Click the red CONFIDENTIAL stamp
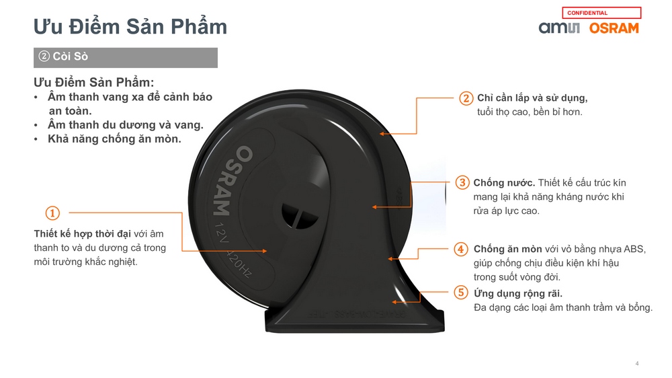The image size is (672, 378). pyautogui.click(x=601, y=13)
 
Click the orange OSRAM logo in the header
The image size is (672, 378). pyautogui.click(x=614, y=28)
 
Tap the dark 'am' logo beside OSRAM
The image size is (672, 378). pyautogui.click(x=559, y=28)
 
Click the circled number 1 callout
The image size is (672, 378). pyautogui.click(x=52, y=213)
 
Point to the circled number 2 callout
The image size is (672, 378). pyautogui.click(x=466, y=98)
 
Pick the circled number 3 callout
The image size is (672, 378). pyautogui.click(x=462, y=182)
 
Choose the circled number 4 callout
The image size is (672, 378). pyautogui.click(x=461, y=249)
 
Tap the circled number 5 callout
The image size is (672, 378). pyautogui.click(x=461, y=293)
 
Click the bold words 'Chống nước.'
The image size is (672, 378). pyautogui.click(x=504, y=183)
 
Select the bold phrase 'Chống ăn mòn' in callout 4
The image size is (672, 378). pyautogui.click(x=507, y=250)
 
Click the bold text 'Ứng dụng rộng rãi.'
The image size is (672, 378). pyautogui.click(x=517, y=293)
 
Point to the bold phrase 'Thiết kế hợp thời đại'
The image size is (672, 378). pyautogui.click(x=82, y=234)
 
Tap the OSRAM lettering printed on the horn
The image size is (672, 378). pyautogui.click(x=233, y=181)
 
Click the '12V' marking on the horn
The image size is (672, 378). pyautogui.click(x=221, y=232)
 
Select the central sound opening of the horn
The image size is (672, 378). pyautogui.click(x=300, y=216)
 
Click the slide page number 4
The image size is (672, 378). pyautogui.click(x=637, y=363)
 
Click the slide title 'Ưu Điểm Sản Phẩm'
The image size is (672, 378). pyautogui.click(x=130, y=27)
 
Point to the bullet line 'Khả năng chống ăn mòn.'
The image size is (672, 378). pyautogui.click(x=114, y=139)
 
